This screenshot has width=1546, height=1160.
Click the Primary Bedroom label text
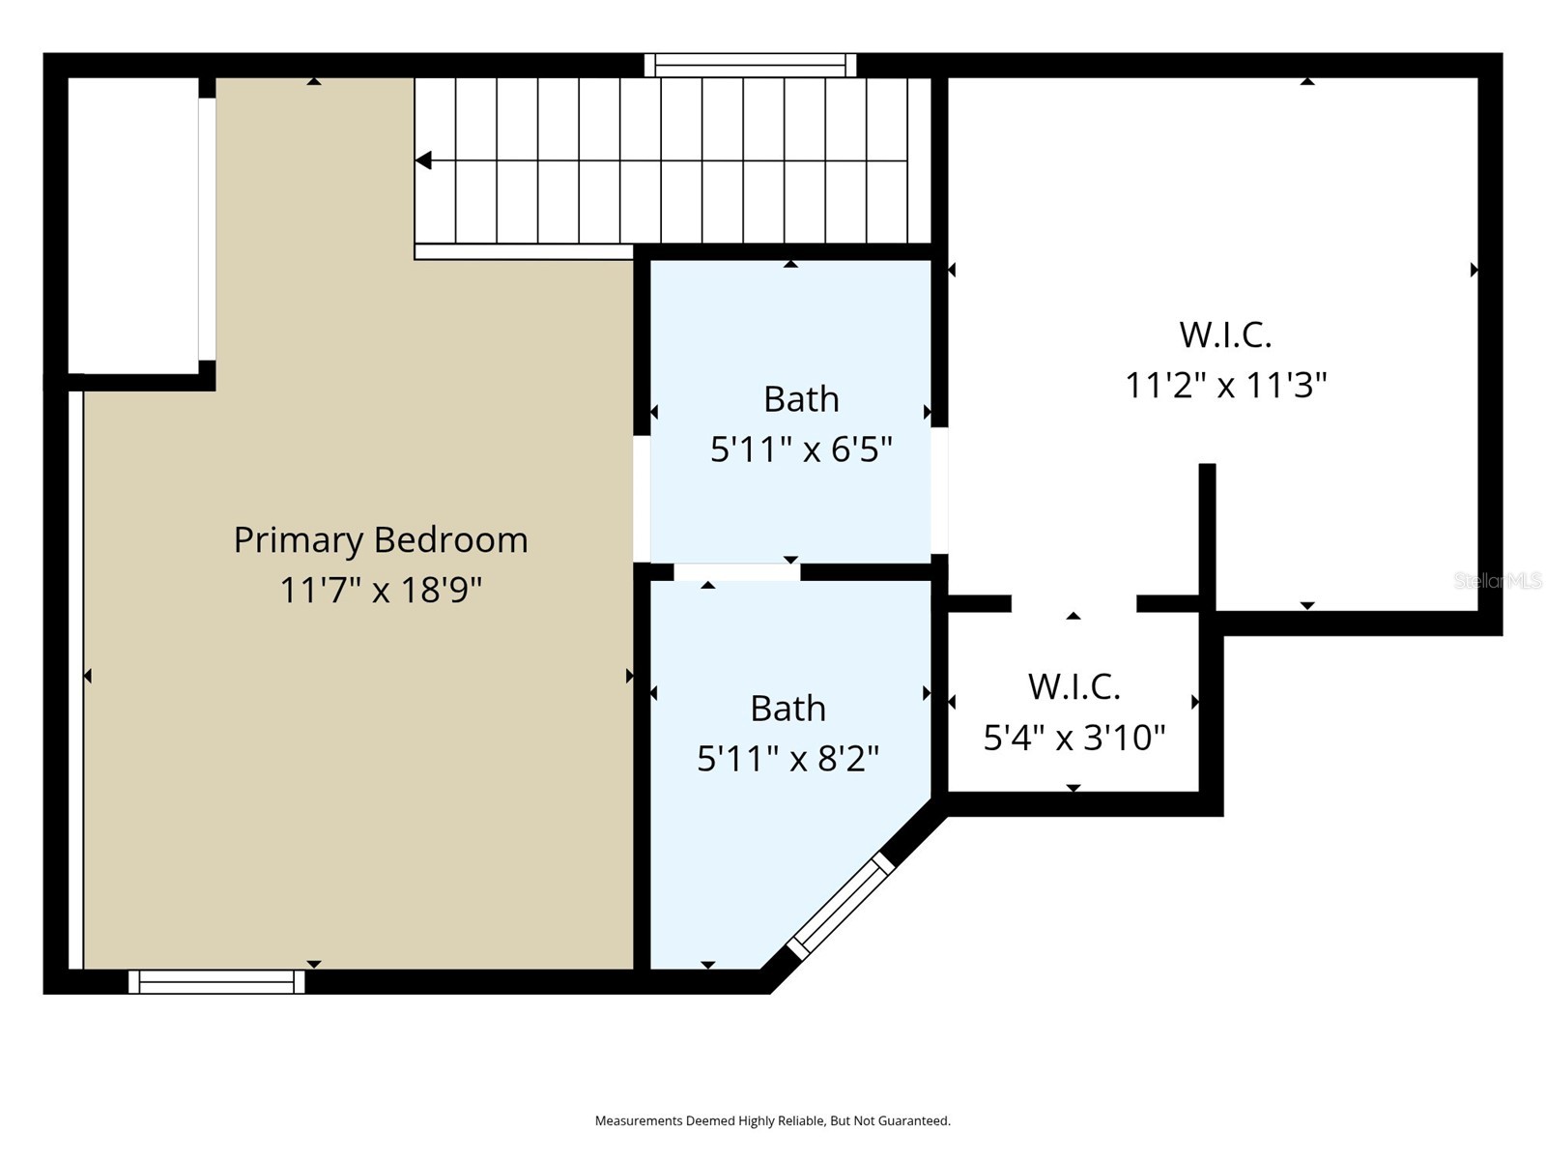[x=381, y=539]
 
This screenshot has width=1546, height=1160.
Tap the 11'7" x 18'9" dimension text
[x=381, y=590]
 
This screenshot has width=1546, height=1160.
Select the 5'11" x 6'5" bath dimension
[x=801, y=449]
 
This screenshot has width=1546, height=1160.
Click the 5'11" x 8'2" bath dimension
[x=787, y=759]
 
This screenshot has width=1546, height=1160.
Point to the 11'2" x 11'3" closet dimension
[x=1225, y=386]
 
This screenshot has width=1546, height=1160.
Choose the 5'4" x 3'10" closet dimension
[x=1074, y=739]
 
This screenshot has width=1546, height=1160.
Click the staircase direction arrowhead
[x=423, y=160]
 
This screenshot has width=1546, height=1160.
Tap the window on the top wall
[x=751, y=65]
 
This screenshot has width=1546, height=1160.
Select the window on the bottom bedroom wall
[x=216, y=981]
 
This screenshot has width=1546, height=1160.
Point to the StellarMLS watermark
[x=1497, y=581]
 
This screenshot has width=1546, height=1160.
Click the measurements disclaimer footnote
[x=772, y=1120]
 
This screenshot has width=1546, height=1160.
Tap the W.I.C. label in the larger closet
[x=1225, y=335]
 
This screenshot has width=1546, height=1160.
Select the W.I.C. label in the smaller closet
[x=1074, y=687]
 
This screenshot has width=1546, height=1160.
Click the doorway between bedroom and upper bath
[x=642, y=499]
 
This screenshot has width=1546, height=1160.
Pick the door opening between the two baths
[x=736, y=572]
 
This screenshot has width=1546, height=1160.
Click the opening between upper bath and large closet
[x=939, y=490]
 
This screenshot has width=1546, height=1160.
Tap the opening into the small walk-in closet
[x=1074, y=604]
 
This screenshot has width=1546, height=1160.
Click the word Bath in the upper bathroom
[x=801, y=399]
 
